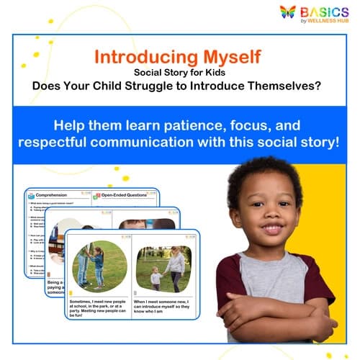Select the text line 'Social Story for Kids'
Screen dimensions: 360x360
(x=179, y=71)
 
